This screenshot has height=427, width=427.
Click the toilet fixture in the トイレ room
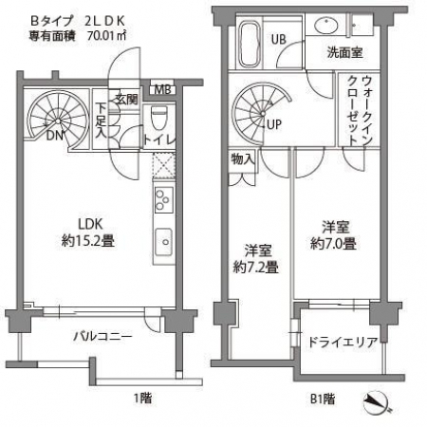158,118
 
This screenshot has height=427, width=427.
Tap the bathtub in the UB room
251,44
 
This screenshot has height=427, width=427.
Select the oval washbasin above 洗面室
326,25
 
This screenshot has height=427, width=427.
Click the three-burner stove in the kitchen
164,199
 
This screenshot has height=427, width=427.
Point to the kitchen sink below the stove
164,242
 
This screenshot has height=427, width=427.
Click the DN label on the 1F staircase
55,136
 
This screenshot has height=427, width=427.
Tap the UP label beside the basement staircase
273,124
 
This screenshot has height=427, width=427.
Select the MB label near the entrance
162,90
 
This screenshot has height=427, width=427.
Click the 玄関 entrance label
126,100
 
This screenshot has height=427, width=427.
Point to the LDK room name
90,224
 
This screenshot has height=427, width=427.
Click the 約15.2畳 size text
88,241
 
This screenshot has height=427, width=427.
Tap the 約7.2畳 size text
255,268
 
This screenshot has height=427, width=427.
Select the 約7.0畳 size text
333,244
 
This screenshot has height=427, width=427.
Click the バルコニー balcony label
102,336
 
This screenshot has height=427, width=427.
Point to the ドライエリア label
343,342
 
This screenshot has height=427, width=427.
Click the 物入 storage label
243,158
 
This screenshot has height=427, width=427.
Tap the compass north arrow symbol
376,403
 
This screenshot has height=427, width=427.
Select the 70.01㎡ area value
107,35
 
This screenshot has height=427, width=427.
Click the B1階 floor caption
323,399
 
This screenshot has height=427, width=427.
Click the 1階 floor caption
143,398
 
